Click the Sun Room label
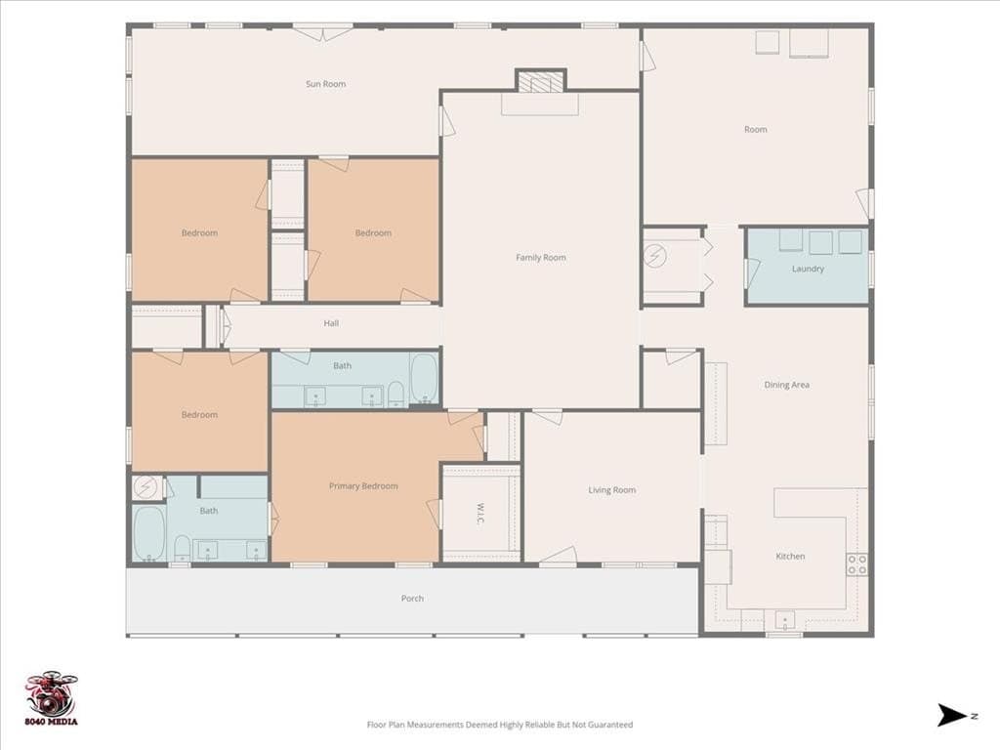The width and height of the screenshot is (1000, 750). pos(325,84)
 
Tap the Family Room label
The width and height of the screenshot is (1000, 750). pos(541,258)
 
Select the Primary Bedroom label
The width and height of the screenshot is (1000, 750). pos(363,486)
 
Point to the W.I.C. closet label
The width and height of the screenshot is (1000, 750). pos(480,514)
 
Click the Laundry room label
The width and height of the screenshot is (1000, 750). pos(808,269)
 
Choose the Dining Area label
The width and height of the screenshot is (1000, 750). pos(786,385)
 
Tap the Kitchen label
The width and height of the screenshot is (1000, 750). pos(790,556)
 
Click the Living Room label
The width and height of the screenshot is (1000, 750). pos(611,490)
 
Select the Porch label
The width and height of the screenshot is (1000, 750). pos(412,599)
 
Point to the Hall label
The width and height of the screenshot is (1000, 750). pos(331,323)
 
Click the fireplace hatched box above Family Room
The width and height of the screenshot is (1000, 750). pos(541,82)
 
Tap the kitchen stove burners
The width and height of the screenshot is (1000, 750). pos(856,564)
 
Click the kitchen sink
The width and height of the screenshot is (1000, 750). pos(784,619)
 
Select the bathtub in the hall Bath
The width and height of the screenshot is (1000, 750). pos(424,379)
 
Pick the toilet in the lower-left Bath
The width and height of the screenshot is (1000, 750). pos(182,548)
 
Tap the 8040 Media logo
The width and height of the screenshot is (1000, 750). pos(52,698)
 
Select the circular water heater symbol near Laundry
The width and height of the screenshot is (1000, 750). pos(655,257)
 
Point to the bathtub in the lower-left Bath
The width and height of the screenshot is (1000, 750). pos(148,533)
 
